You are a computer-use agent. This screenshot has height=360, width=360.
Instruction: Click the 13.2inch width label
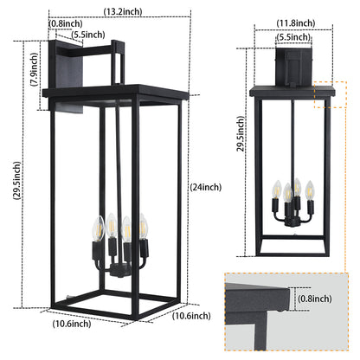point(123,11)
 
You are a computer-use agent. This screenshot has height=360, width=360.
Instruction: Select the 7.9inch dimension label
point(35,69)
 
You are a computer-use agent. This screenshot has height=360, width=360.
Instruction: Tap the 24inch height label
point(206,187)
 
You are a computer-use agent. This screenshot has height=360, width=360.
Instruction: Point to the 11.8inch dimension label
point(296,23)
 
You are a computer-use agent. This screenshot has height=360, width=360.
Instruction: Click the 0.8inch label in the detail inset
point(315,299)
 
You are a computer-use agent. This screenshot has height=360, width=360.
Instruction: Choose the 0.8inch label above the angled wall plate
point(66,23)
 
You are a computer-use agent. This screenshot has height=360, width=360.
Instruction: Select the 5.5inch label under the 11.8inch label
point(293,37)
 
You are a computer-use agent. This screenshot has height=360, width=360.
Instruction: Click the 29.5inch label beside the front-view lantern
point(241,134)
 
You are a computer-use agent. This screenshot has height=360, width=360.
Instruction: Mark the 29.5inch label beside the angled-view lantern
point(16,181)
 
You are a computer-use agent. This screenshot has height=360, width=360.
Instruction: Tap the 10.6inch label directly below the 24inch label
point(191,316)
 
